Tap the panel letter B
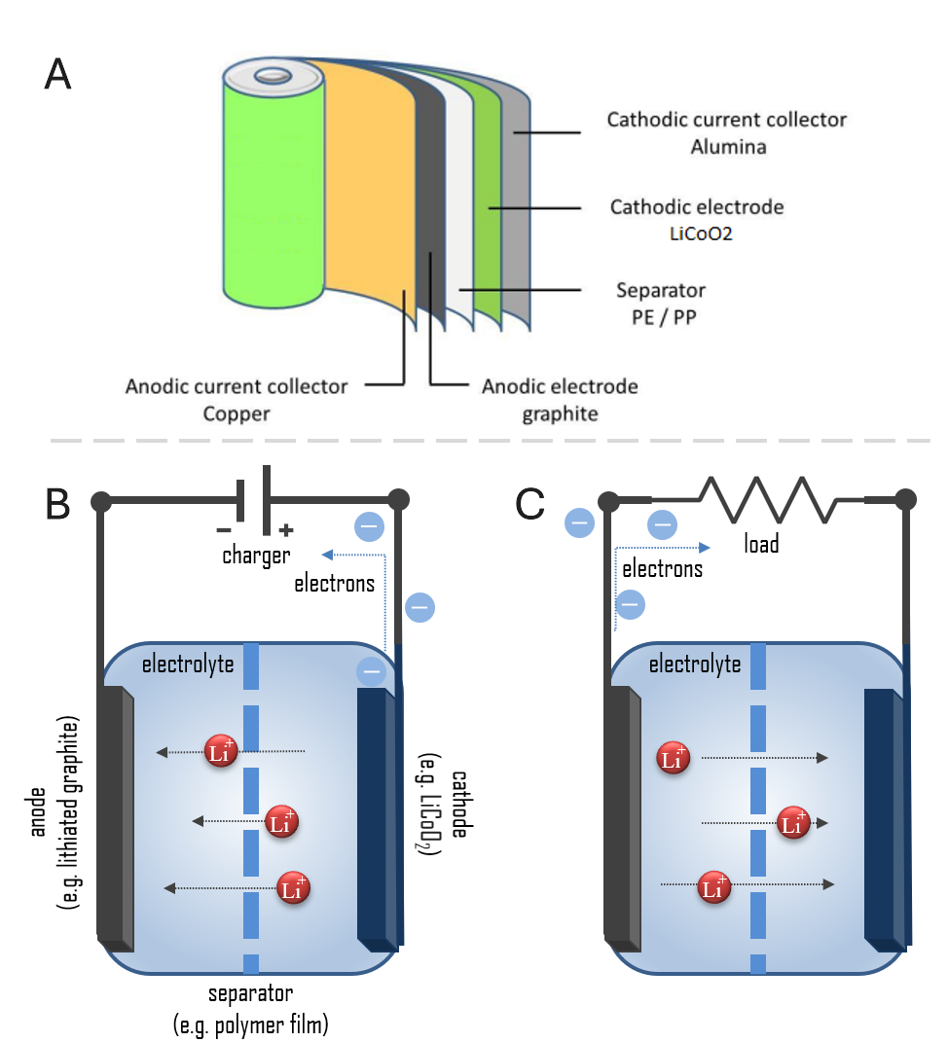pyautogui.click(x=58, y=502)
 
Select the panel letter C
pyautogui.click(x=529, y=502)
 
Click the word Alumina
pyautogui.click(x=727, y=147)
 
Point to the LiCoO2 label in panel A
pyautogui.click(x=696, y=233)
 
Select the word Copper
pyautogui.click(x=236, y=413)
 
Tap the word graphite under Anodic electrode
pyautogui.click(x=560, y=413)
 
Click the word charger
pyautogui.click(x=257, y=556)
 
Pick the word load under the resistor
pyautogui.click(x=761, y=544)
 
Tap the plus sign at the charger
pyautogui.click(x=286, y=530)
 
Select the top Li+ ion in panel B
pyautogui.click(x=220, y=751)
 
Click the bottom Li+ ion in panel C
pyautogui.click(x=714, y=887)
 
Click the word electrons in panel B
pyautogui.click(x=334, y=584)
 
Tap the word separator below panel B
pyautogui.click(x=250, y=994)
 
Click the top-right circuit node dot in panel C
pyautogui.click(x=905, y=500)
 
